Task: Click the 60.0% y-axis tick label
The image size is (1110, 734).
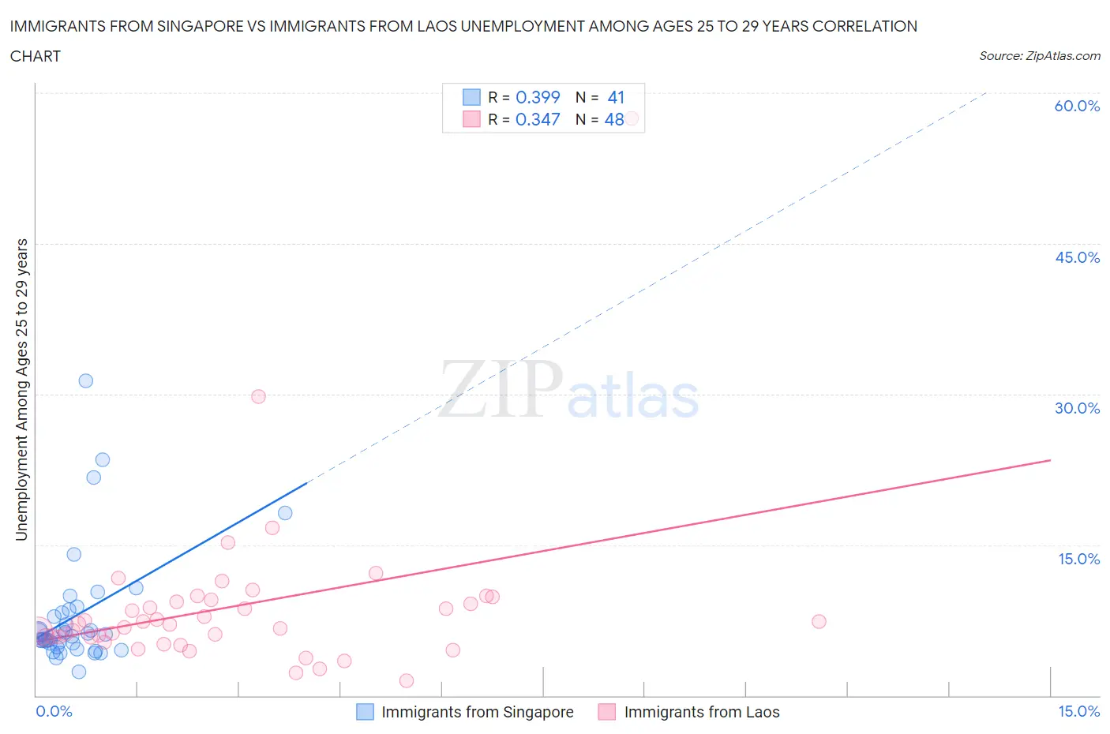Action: click(x=1077, y=106)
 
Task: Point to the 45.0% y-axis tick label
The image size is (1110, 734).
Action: click(x=1077, y=257)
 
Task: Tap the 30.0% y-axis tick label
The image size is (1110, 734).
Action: click(x=1077, y=408)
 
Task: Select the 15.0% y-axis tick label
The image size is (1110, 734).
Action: click(x=1078, y=559)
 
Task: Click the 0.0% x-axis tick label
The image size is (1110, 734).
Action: click(x=54, y=711)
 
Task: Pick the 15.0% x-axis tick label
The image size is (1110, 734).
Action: click(x=1078, y=711)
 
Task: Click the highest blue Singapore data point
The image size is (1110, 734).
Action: click(x=86, y=380)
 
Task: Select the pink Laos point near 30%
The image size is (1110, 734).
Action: click(x=258, y=396)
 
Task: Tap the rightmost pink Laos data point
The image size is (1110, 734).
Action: click(x=819, y=621)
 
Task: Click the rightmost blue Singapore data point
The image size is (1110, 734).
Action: click(x=285, y=513)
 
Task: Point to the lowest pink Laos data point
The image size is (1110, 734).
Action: click(x=407, y=680)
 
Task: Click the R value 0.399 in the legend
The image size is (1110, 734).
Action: click(x=538, y=97)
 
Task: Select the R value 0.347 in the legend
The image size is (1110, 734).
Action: click(x=538, y=119)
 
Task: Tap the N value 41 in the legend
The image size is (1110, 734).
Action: click(x=616, y=97)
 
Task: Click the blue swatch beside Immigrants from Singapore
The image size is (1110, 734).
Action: click(x=365, y=712)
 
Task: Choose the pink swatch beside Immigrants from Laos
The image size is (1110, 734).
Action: click(x=606, y=712)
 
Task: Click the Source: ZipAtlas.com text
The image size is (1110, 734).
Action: click(x=1039, y=56)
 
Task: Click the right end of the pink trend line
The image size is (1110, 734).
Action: click(x=1050, y=460)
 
